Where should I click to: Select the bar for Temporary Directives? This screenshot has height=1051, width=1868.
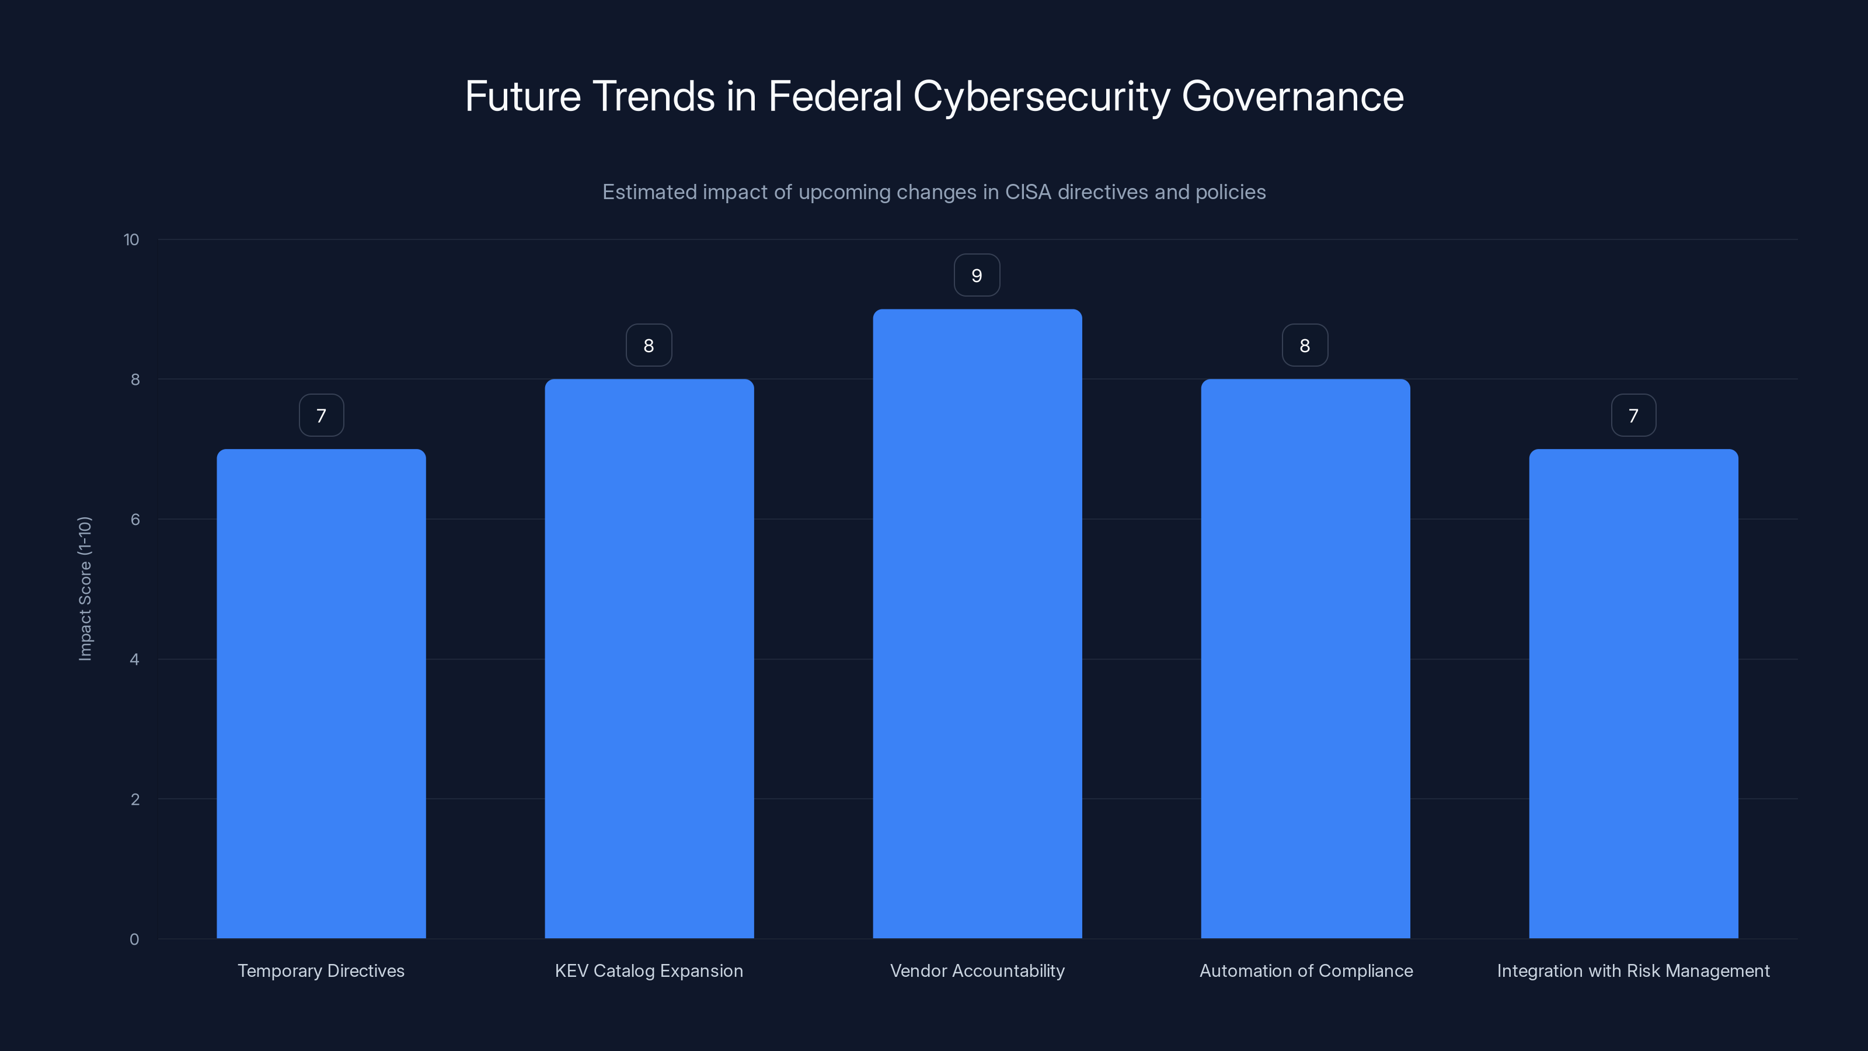321,694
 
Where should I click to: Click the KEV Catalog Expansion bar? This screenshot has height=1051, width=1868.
649,659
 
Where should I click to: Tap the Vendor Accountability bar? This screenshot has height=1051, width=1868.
977,624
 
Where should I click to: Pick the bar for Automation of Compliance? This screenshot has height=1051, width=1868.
1305,659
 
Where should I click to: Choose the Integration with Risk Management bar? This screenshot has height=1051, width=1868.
1633,694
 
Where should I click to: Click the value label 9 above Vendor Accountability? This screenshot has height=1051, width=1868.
977,276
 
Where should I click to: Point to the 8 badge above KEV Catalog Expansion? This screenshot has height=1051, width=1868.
649,345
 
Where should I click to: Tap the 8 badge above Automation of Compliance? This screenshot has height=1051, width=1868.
1305,345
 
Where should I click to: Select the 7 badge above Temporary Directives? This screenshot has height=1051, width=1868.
321,416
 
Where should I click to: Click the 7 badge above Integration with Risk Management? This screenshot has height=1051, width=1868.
1633,416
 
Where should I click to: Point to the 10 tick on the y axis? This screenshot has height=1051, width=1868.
131,240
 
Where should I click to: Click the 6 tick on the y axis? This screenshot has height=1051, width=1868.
135,519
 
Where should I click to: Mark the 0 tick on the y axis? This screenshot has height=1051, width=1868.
134,939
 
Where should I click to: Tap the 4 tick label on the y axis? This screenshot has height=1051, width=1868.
134,659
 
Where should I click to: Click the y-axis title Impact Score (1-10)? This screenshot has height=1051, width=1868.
85,588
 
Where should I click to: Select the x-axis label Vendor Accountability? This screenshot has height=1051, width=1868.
977,970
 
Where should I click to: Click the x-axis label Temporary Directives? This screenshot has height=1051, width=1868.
321,970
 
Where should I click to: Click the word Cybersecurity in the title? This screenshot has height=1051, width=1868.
1041,96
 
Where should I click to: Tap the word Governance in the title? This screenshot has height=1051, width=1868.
1292,96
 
